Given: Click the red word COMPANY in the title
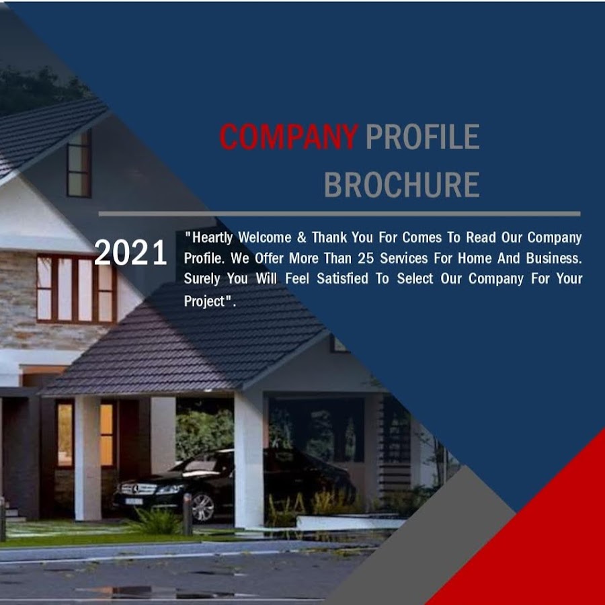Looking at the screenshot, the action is [x=289, y=136].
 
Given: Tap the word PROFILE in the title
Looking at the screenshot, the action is [x=423, y=136].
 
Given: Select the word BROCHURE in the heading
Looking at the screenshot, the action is [x=402, y=185].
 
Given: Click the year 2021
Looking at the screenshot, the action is [x=130, y=252].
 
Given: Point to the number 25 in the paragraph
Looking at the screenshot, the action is [x=366, y=258].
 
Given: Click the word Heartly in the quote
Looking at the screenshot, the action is [x=212, y=238].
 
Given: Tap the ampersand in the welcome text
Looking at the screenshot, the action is [x=302, y=237].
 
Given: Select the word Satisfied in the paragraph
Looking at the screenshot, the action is [x=343, y=278].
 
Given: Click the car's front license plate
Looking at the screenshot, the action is [x=134, y=501].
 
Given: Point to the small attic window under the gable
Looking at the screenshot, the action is [x=79, y=164].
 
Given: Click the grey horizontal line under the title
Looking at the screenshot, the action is [x=339, y=214].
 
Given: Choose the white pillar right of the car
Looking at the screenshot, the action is [x=249, y=459].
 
